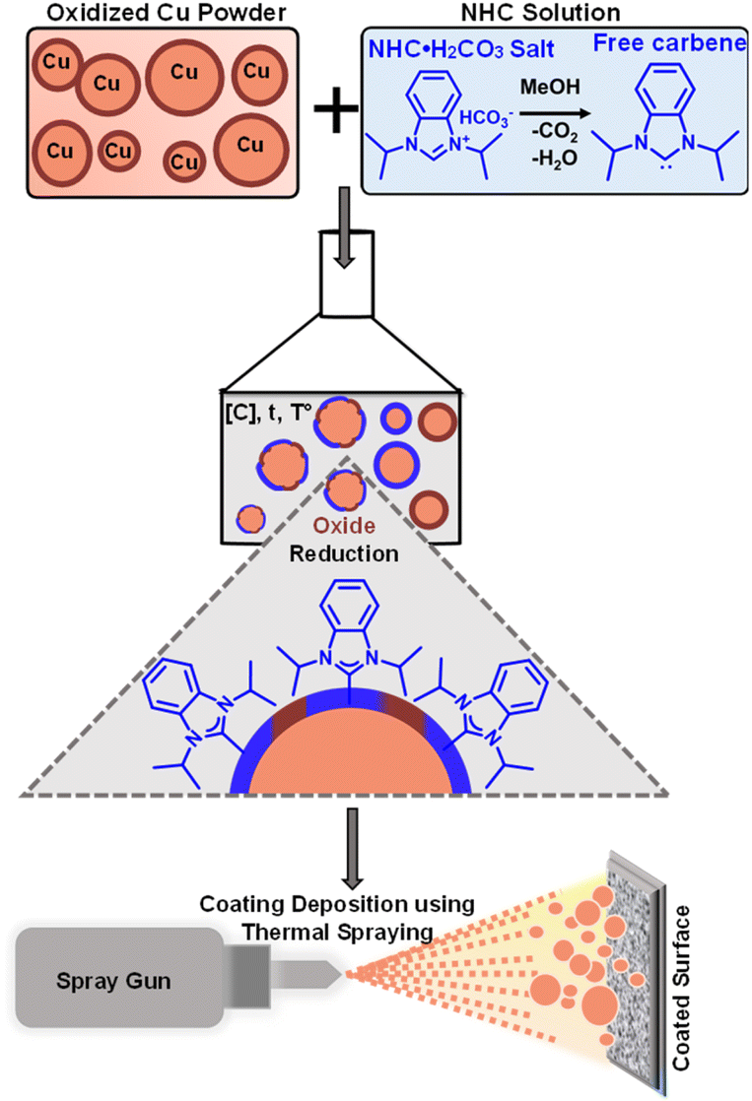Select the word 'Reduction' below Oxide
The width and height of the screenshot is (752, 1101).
(344, 553)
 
